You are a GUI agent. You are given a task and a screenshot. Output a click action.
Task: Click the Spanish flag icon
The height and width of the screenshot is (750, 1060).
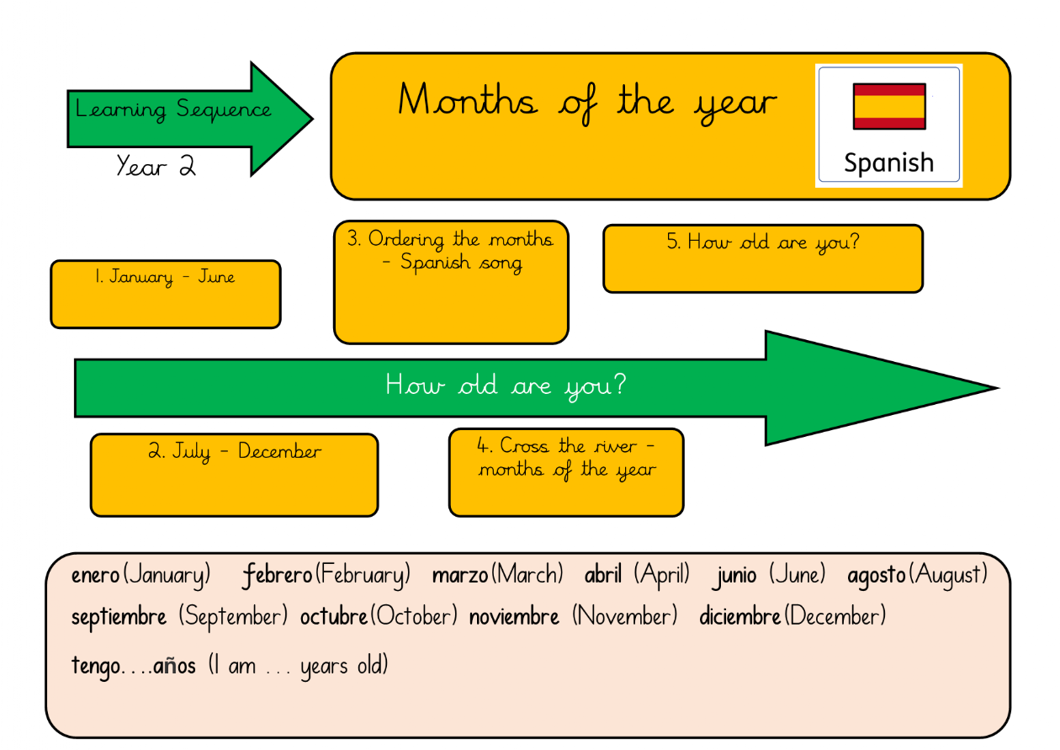tap(889, 107)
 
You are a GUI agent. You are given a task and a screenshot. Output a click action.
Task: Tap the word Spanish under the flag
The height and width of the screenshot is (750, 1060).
tap(888, 163)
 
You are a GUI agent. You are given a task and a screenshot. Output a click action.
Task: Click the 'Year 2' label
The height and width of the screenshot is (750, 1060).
tap(156, 166)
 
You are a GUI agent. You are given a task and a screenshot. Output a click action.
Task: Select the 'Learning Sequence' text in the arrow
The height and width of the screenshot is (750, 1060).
tap(173, 109)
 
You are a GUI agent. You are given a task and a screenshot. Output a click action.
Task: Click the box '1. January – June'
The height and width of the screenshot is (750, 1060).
tap(166, 294)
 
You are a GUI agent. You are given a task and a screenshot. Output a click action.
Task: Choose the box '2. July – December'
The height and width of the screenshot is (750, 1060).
tap(234, 475)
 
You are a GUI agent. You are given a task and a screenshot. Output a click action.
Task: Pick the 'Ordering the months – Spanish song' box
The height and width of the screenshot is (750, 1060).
tap(451, 282)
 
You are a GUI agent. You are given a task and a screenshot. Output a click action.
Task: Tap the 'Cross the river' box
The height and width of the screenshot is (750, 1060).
tap(566, 472)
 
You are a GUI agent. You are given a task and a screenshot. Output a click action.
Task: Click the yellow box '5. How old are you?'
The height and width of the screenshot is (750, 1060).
tap(763, 258)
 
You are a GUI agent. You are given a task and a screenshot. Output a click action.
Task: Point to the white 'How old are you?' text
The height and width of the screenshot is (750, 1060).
tap(506, 385)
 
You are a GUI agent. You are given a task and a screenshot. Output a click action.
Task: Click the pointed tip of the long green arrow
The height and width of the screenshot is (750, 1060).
tap(999, 388)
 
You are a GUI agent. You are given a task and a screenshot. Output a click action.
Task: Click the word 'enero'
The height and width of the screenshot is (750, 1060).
tap(95, 576)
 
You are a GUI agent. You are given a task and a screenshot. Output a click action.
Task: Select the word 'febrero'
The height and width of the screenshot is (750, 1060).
tap(277, 576)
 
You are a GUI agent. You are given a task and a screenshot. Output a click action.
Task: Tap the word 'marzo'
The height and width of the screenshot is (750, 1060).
tap(460, 576)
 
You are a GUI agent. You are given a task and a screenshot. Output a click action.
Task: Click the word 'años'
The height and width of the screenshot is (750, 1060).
tap(174, 666)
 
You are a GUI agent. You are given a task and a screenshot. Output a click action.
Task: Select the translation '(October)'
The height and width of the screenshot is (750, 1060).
tap(414, 616)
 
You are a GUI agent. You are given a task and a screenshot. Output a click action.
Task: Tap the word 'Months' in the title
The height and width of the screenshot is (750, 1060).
tap(468, 99)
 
